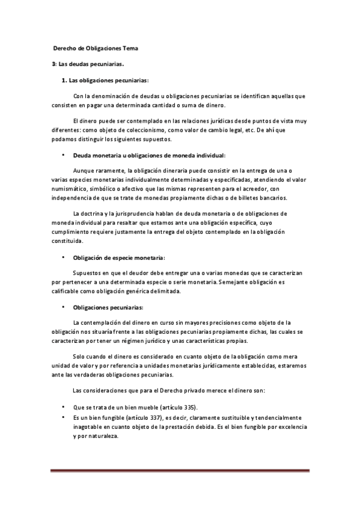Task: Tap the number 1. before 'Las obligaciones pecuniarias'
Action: coord(65,80)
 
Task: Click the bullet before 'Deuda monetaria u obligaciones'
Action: coord(63,155)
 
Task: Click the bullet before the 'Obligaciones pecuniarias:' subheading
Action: coord(63,307)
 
